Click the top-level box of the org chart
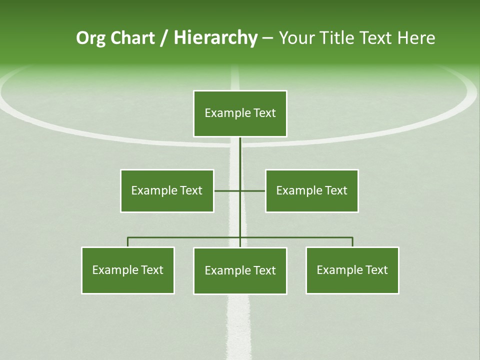(240, 113)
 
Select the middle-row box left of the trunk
(167, 190)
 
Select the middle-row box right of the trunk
(311, 190)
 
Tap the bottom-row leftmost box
(128, 270)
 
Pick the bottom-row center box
(240, 270)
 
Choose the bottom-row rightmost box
(352, 270)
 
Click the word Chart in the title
(132, 38)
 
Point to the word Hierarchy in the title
(215, 38)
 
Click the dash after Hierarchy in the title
(267, 38)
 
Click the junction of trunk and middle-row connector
(240, 190)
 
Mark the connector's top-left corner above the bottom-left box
(128, 237)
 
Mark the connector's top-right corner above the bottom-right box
(352, 237)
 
